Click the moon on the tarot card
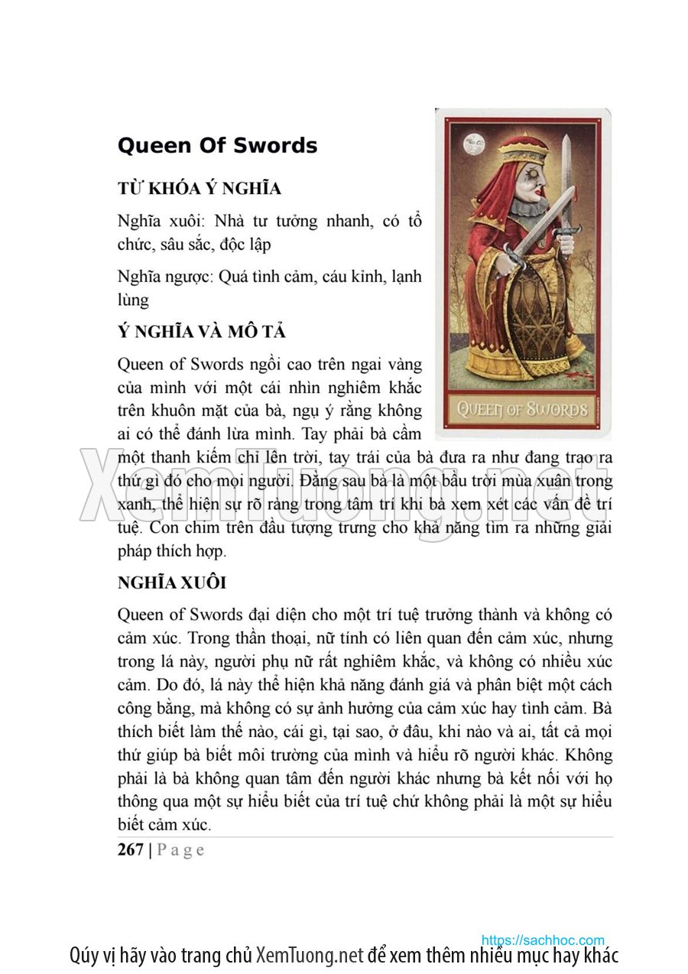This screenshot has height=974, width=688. [474, 144]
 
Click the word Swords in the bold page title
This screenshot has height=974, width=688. [276, 145]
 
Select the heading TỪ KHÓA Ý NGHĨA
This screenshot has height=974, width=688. [199, 189]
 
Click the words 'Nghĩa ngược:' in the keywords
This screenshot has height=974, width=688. [165, 277]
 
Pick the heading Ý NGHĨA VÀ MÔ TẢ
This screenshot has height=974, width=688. [201, 332]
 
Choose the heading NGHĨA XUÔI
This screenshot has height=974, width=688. [171, 583]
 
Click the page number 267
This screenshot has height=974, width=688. [131, 850]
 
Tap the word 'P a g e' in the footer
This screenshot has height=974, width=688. [180, 850]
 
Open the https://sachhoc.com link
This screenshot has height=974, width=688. [543, 940]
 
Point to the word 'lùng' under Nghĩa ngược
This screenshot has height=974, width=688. [133, 300]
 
